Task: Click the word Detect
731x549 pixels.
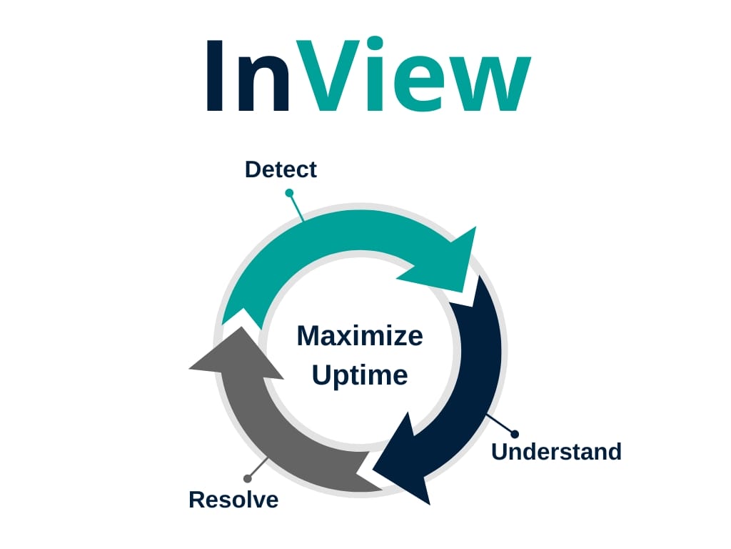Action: tap(281, 169)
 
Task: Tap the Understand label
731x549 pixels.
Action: tap(556, 452)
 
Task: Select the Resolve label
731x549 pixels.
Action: tap(233, 500)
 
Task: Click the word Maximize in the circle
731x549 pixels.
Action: tap(360, 335)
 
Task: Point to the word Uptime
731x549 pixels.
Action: tap(360, 375)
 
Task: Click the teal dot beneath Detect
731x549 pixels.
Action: tap(289, 192)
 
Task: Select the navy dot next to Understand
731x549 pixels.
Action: tap(515, 434)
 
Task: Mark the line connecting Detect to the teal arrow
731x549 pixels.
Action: tap(296, 207)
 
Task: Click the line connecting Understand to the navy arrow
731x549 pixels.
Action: tap(500, 424)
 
